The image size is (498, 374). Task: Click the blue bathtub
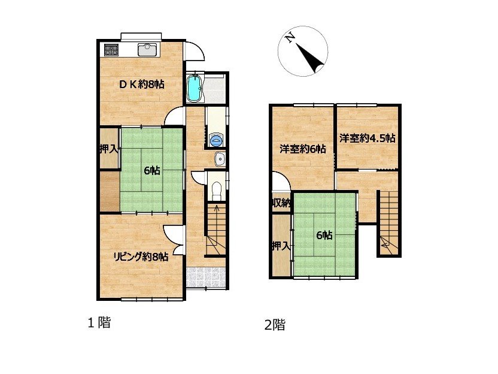tap(194, 89)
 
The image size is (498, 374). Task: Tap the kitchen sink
tap(147, 49)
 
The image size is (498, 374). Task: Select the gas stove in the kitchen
tap(111, 49)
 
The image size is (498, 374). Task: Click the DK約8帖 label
tap(142, 85)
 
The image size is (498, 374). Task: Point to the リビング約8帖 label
tap(141, 257)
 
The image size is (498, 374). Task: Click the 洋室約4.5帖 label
tap(367, 138)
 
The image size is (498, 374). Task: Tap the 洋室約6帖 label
tap(303, 149)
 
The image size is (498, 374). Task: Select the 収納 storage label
tap(281, 203)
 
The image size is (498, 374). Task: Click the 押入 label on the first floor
tap(109, 149)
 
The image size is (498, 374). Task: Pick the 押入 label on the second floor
tap(281, 246)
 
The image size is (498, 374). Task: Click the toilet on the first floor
tap(217, 191)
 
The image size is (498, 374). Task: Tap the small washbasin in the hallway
tap(220, 159)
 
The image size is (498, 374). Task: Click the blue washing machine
tap(217, 140)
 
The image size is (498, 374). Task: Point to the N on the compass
tap(289, 38)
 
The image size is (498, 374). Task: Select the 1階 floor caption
tap(99, 323)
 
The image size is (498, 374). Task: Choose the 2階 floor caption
tap(275, 325)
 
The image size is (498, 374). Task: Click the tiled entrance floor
tap(206, 278)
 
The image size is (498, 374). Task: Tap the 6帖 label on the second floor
tap(324, 236)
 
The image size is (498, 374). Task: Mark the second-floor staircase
tap(388, 222)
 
